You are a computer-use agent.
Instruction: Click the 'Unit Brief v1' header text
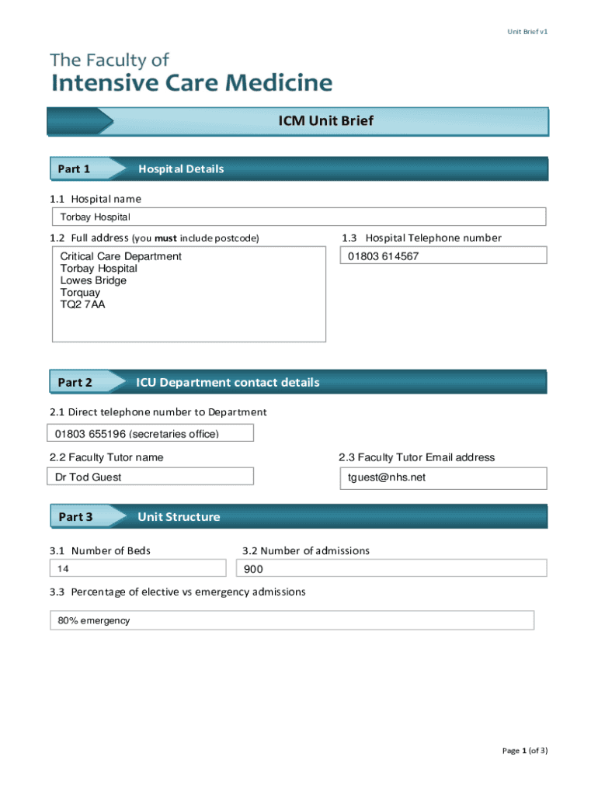point(527,32)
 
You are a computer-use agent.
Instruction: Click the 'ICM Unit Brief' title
point(326,121)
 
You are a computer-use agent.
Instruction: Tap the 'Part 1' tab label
point(75,169)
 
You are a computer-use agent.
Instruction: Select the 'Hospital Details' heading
point(180,169)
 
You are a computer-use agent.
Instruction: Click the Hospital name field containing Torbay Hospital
point(298,217)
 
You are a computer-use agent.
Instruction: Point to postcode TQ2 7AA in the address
point(82,305)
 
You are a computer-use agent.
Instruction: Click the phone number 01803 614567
point(383,256)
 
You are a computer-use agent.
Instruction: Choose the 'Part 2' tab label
point(75,383)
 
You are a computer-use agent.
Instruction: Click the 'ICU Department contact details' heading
point(228,383)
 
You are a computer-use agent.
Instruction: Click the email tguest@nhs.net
point(387,477)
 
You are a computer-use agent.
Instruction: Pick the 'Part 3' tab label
point(75,517)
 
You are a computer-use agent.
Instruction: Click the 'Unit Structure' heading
point(179,517)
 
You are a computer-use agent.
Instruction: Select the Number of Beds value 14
point(64,569)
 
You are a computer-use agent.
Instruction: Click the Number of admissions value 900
point(254,569)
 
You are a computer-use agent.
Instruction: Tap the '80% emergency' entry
point(93,621)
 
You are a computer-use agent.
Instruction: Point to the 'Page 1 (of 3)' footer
point(524,751)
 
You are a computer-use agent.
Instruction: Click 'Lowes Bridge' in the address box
point(93,280)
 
